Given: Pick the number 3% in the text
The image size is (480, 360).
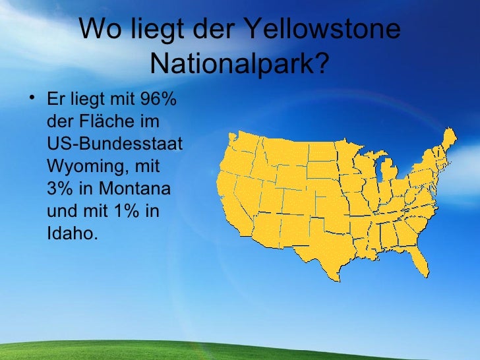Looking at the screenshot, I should click(60, 189).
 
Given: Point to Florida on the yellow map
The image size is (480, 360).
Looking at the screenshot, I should click(419, 260).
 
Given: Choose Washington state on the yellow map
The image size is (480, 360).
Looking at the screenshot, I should click(244, 142).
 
